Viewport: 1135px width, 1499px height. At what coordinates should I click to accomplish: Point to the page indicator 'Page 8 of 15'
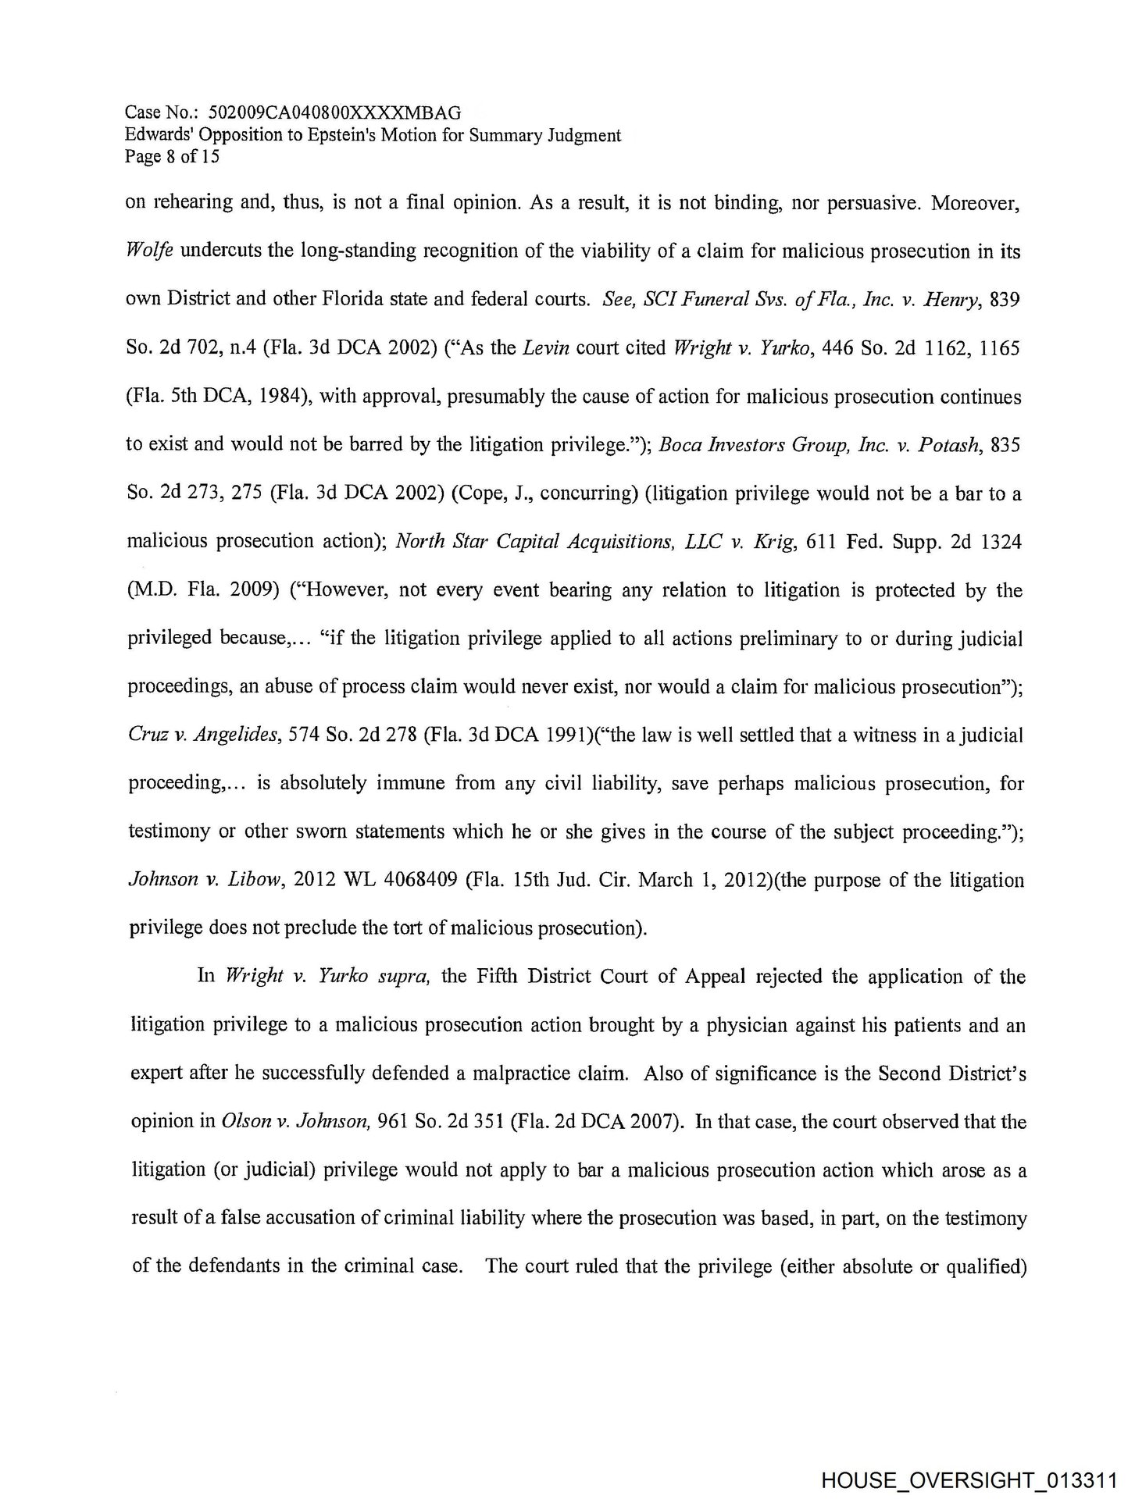tap(172, 156)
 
